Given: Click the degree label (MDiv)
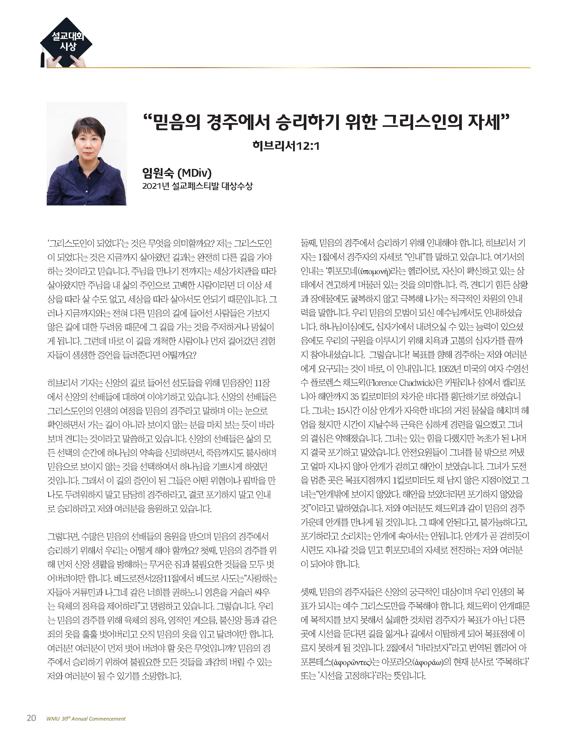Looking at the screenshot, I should [195, 173].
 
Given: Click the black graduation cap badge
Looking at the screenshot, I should [67, 42].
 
